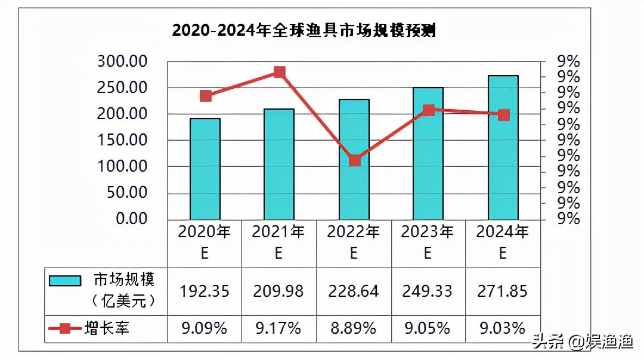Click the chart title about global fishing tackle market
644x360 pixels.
(304, 30)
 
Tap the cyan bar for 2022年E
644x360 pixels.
(354, 159)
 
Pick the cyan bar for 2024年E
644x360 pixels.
(503, 147)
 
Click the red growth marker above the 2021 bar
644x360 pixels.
(280, 73)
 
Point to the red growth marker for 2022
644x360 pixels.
(355, 160)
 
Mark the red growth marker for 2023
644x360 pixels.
(428, 110)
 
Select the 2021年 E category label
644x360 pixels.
(278, 242)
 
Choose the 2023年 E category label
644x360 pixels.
(428, 242)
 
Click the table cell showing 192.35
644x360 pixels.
(205, 291)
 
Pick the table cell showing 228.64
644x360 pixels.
(354, 291)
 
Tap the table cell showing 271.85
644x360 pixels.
(503, 291)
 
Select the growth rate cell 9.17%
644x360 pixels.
(278, 328)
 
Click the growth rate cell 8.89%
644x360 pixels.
(354, 328)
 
